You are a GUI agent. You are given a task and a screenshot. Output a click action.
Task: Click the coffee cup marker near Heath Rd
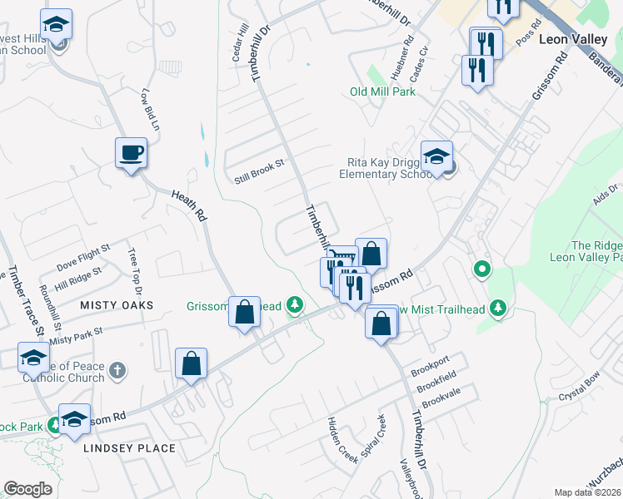[131, 154]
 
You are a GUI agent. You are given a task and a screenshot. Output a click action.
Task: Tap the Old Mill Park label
[382, 91]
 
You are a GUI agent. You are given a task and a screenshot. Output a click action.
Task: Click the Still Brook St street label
[259, 169]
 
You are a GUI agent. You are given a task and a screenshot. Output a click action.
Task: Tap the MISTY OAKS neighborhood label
[117, 305]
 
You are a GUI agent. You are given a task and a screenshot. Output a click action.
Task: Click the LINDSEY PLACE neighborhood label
[129, 448]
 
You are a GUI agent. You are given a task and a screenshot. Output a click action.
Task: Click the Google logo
[27, 488]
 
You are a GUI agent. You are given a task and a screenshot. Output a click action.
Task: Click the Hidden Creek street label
[342, 440]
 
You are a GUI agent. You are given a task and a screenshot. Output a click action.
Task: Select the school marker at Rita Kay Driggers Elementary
[436, 156]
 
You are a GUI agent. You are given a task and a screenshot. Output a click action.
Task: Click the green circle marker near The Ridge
[481, 269]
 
